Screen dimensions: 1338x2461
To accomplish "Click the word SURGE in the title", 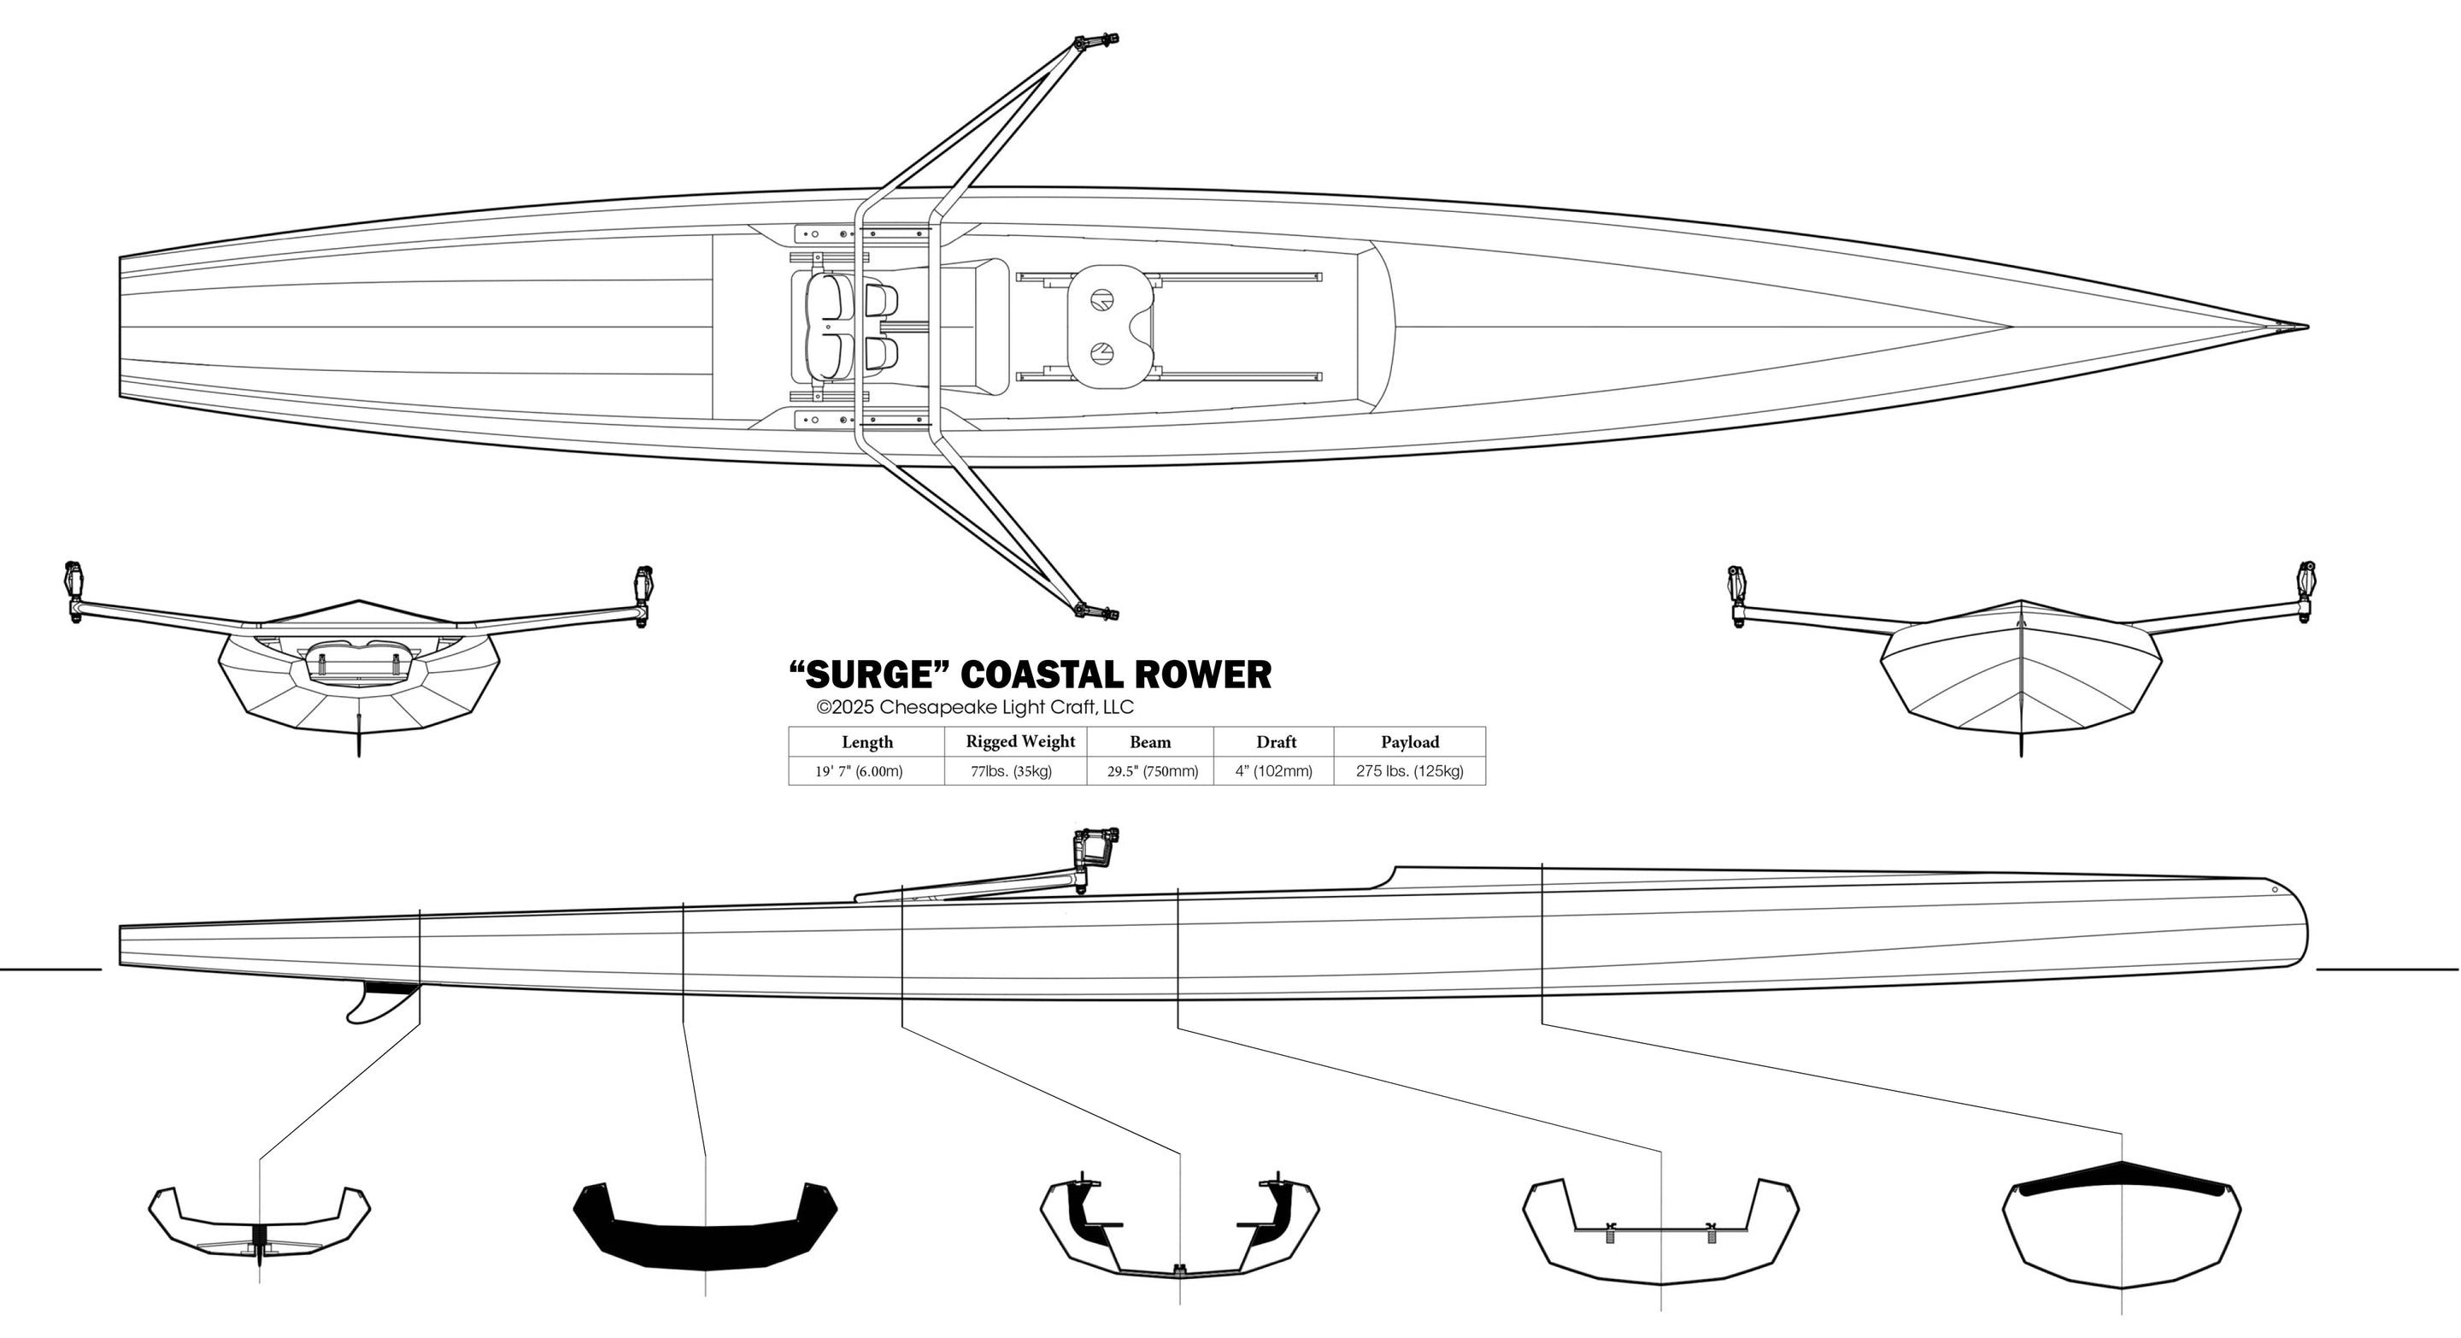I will click(x=869, y=675).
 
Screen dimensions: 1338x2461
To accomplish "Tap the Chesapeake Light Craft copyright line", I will click(x=974, y=708).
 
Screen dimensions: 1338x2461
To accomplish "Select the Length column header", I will click(x=867, y=741).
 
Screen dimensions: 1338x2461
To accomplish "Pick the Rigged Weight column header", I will click(x=1020, y=741).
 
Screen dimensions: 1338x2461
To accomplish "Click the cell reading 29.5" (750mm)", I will click(x=1152, y=771).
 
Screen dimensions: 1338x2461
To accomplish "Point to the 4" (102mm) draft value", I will click(x=1273, y=771).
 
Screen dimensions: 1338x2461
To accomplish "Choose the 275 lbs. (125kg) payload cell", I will click(x=1409, y=771).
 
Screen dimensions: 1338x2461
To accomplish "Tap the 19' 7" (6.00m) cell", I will click(x=859, y=771).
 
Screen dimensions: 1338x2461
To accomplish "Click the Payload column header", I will click(x=1409, y=741).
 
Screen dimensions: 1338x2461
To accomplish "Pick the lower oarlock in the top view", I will click(x=1094, y=610).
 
